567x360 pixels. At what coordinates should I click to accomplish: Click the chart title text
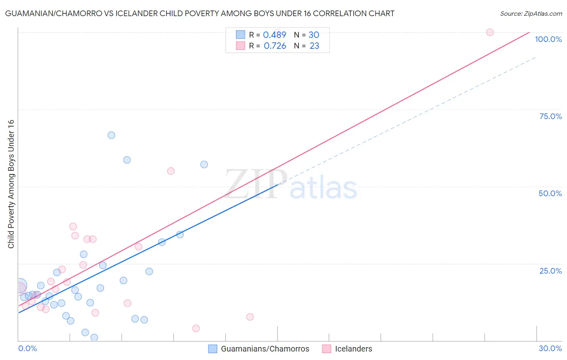[x=199, y=13]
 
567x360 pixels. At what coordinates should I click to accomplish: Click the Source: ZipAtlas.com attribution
[x=531, y=13]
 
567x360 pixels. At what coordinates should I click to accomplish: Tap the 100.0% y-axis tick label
[x=548, y=39]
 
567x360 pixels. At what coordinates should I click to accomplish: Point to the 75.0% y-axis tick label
[x=550, y=116]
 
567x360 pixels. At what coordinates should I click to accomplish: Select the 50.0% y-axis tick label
[x=550, y=193]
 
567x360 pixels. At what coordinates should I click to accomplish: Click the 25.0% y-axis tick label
[x=550, y=270]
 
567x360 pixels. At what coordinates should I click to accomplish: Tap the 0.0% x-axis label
[x=27, y=348]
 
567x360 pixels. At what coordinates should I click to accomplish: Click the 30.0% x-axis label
[x=550, y=348]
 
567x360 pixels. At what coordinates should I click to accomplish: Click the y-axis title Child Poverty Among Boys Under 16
[x=11, y=184]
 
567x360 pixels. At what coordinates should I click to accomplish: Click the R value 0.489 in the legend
[x=274, y=35]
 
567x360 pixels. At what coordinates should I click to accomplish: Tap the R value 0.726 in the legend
[x=275, y=46]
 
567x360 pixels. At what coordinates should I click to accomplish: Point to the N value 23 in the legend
[x=314, y=46]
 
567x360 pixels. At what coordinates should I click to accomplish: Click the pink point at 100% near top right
[x=490, y=32]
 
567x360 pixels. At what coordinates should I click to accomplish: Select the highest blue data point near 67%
[x=111, y=135]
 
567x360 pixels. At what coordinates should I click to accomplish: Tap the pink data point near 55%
[x=171, y=171]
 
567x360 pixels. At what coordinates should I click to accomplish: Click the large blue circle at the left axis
[x=19, y=286]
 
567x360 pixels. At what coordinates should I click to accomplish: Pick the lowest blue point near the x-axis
[x=94, y=337]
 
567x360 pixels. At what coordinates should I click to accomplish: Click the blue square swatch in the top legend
[x=240, y=35]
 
